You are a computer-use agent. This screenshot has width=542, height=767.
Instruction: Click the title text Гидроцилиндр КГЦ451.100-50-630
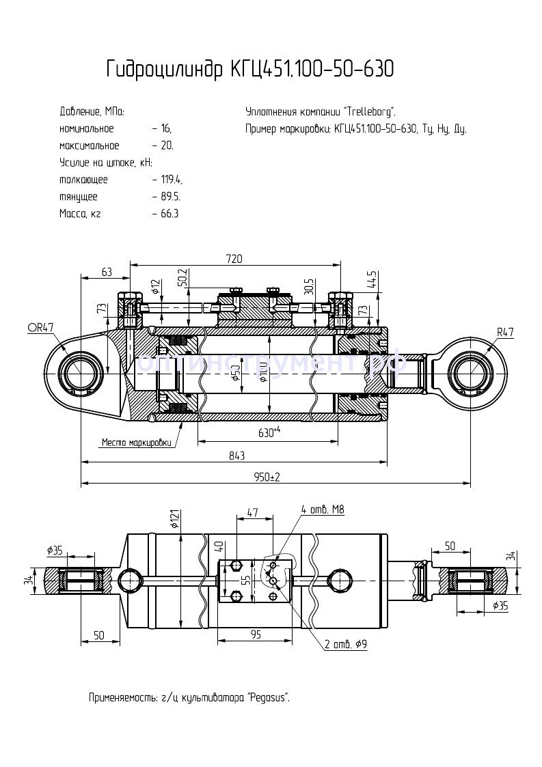point(250,70)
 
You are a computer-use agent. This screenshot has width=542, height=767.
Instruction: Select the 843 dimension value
point(236,456)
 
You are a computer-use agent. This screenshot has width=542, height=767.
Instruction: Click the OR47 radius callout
point(40,328)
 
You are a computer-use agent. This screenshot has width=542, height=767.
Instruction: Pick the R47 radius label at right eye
point(505,333)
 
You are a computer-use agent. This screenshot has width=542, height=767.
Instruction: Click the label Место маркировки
point(136,442)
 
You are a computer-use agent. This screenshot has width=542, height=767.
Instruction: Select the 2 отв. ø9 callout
point(344,644)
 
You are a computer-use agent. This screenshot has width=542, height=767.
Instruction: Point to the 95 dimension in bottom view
point(256,634)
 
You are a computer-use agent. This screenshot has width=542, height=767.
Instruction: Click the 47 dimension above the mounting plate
point(252,512)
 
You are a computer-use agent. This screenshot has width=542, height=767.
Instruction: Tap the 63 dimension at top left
point(107,272)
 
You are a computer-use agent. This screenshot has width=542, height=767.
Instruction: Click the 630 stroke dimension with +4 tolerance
point(270,432)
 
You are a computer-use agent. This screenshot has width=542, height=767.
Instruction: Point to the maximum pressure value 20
point(167,145)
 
